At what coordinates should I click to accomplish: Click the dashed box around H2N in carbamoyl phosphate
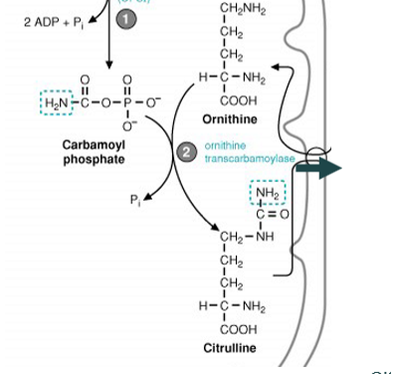tap(56, 101)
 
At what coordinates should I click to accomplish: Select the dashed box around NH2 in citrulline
tap(269, 193)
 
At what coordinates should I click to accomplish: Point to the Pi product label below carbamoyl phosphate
tap(136, 200)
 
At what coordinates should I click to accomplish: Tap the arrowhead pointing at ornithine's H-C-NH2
tap(279, 67)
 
